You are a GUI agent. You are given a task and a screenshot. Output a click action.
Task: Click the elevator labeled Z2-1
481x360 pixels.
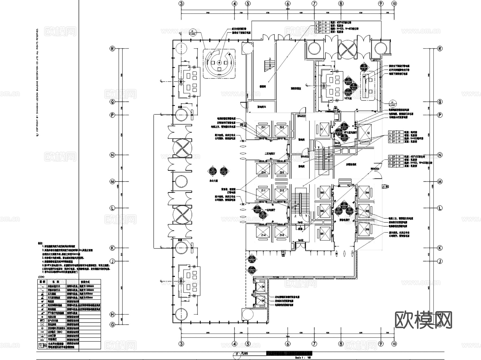pyautogui.click(x=263, y=130)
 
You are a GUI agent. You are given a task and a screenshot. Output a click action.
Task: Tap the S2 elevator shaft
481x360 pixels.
pyautogui.click(x=365, y=133)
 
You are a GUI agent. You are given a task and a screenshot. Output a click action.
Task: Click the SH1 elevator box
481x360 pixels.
pyautogui.click(x=325, y=233)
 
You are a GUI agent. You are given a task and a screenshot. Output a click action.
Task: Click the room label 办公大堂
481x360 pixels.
pyautogui.click(x=214, y=181)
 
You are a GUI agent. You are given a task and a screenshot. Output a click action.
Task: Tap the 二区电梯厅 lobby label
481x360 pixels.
pyautogui.click(x=270, y=154)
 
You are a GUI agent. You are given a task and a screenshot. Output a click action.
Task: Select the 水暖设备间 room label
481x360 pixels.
pyautogui.click(x=351, y=165)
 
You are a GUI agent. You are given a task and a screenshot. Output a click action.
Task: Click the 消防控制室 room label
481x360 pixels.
pyautogui.click(x=296, y=88)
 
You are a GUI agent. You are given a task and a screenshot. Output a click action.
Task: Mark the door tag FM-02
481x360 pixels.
pyautogui.click(x=301, y=240)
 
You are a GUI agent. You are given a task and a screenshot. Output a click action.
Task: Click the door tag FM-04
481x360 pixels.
pyautogui.click(x=337, y=143)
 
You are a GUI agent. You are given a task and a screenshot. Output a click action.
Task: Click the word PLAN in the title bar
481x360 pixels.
pyautogui.click(x=245, y=353)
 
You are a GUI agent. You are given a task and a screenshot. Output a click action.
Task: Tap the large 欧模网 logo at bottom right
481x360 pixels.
pyautogui.click(x=423, y=320)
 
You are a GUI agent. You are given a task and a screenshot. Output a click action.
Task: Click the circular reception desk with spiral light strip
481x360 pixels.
pyautogui.click(x=219, y=63)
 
